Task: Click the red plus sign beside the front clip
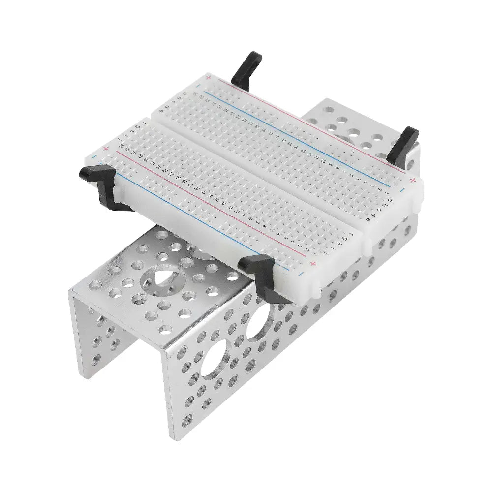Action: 313,264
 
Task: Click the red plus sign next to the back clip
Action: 209,78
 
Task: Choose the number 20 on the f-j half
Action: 184,181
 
